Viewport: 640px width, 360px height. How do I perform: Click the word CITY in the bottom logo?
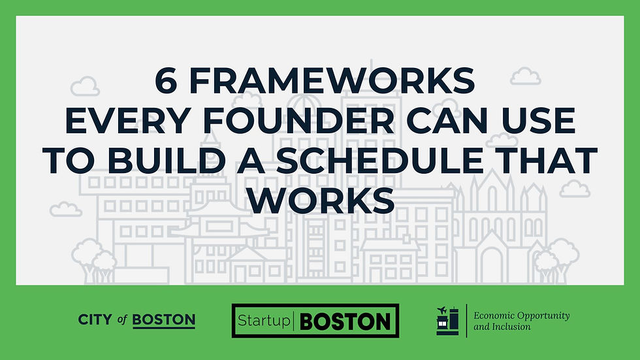click(x=95, y=320)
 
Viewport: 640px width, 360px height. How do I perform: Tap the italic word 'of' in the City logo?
click(x=122, y=320)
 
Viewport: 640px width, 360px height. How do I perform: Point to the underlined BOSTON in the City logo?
click(x=163, y=320)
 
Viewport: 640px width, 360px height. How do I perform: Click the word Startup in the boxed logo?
click(x=265, y=321)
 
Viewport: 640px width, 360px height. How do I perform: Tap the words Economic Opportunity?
click(x=521, y=316)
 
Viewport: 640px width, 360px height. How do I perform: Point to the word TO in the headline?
click(x=69, y=161)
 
